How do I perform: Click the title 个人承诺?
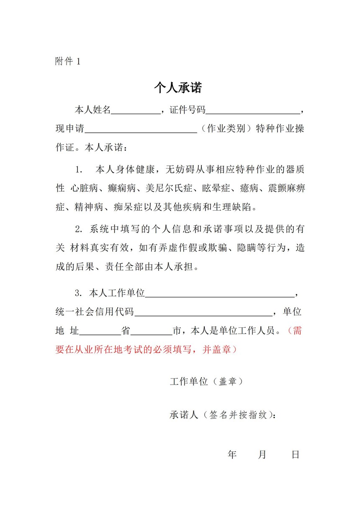[178, 88]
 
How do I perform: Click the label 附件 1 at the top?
[67, 62]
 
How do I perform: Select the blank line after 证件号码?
[253, 111]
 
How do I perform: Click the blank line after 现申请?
[141, 129]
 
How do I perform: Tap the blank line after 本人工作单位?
[220, 294]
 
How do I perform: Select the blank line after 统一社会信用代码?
[203, 312]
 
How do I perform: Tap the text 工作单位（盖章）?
[206, 382]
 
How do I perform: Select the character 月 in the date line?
[262, 455]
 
